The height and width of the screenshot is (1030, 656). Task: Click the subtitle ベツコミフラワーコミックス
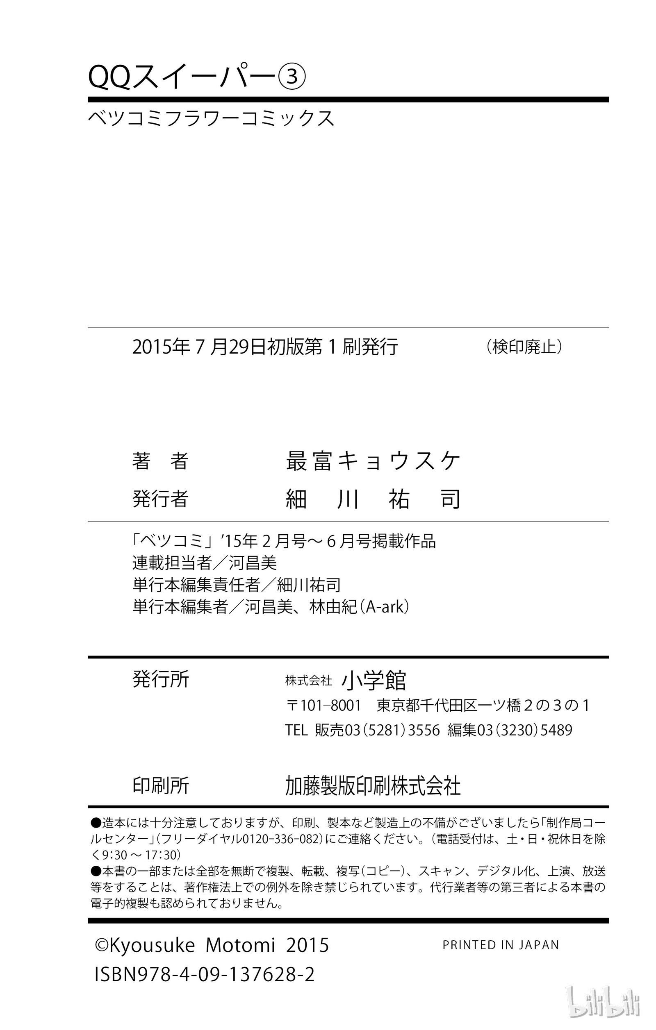(211, 118)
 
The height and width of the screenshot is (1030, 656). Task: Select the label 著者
(160, 461)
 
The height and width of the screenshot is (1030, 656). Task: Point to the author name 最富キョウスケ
(373, 461)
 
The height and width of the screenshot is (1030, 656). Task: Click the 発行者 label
(160, 498)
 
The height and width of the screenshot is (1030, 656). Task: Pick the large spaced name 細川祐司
(373, 499)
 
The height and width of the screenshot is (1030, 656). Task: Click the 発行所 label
(160, 679)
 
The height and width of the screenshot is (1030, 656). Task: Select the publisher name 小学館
(374, 680)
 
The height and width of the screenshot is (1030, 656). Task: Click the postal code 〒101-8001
(323, 705)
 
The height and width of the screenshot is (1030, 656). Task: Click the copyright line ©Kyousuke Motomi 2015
(212, 945)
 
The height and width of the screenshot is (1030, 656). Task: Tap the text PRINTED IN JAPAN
(501, 944)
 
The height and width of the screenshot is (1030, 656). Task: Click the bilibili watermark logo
(603, 1002)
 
